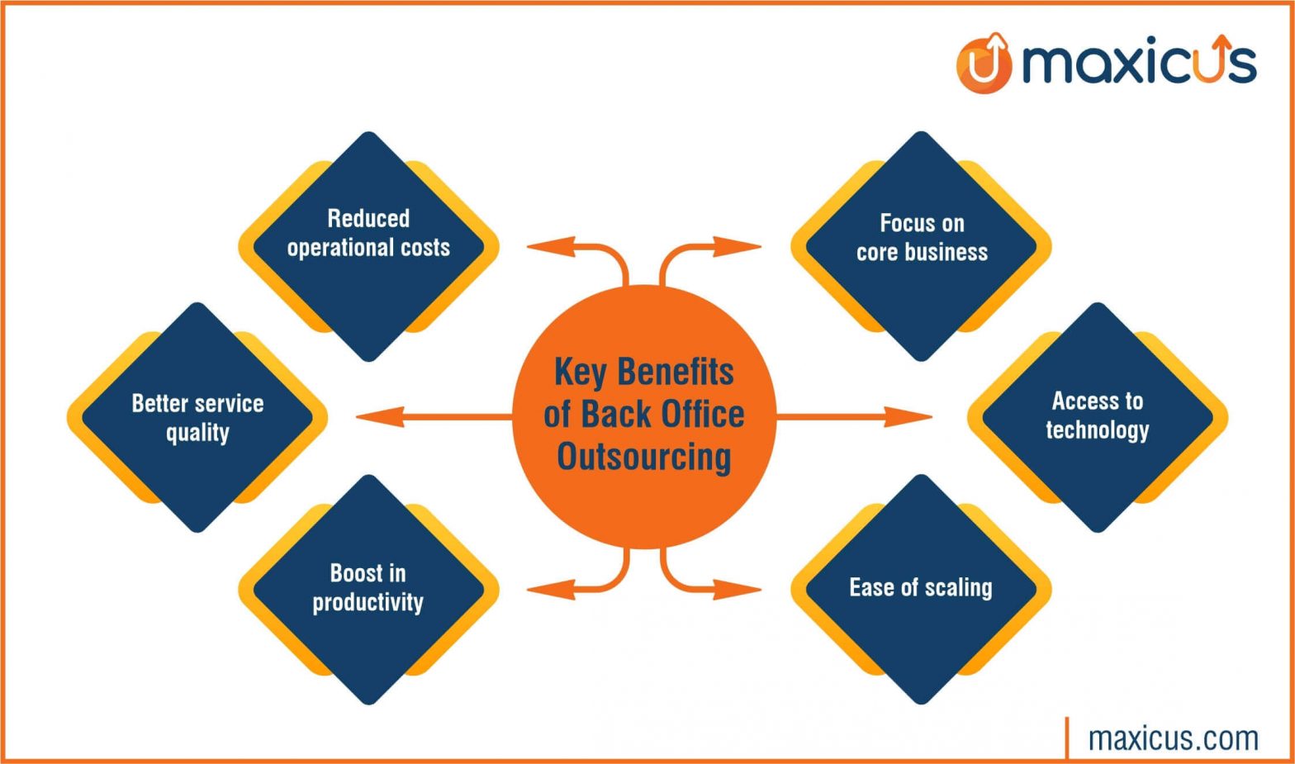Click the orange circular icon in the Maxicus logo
click(984, 64)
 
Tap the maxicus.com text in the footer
click(1174, 738)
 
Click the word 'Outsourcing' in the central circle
click(644, 457)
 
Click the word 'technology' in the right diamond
click(1098, 430)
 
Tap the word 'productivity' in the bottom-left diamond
click(368, 602)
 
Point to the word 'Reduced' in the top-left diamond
click(368, 218)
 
